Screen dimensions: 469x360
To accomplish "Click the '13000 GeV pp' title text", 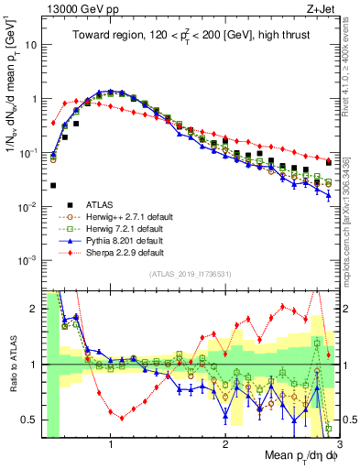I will pyautogui.click(x=73, y=8).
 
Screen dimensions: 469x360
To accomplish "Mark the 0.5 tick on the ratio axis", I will pyautogui.click(x=30, y=420).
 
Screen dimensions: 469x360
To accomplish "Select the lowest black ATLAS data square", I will pyautogui.click(x=54, y=186).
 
